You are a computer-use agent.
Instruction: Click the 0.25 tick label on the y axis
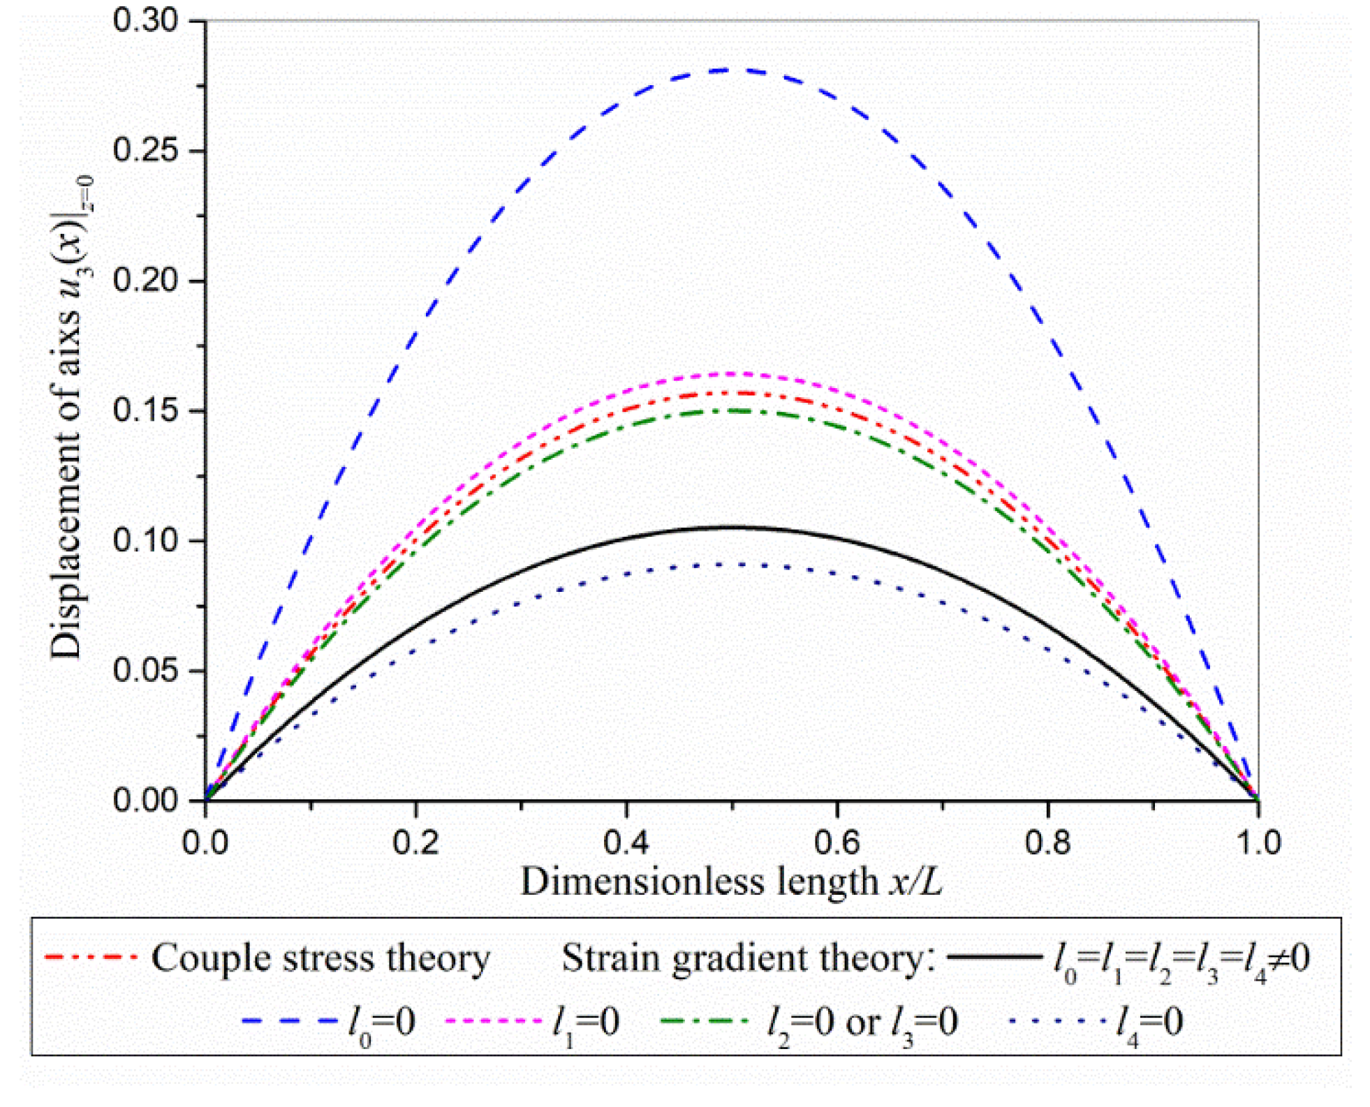(145, 150)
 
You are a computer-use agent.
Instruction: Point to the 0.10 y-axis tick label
(145, 540)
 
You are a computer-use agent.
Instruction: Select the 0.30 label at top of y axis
(145, 20)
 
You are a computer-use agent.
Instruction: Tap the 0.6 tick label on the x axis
(837, 842)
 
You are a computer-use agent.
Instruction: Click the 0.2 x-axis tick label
(415, 842)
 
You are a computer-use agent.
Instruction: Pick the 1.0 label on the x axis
(1258, 842)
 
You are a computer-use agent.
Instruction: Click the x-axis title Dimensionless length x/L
(731, 882)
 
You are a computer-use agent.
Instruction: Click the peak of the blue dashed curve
(732, 70)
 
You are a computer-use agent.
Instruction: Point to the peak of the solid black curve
(732, 527)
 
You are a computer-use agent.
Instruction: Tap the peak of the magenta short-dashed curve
(732, 373)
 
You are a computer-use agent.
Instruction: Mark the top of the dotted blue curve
(732, 564)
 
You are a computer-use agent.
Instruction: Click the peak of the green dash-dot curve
(732, 410)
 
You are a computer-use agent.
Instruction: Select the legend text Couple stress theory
(321, 958)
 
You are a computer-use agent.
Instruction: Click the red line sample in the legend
(89, 957)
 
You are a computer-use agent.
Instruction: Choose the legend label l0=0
(381, 1023)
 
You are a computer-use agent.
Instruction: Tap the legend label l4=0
(1149, 1023)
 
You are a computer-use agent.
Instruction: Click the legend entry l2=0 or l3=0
(862, 1023)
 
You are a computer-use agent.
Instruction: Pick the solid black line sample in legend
(994, 957)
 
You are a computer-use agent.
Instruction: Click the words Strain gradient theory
(747, 958)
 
